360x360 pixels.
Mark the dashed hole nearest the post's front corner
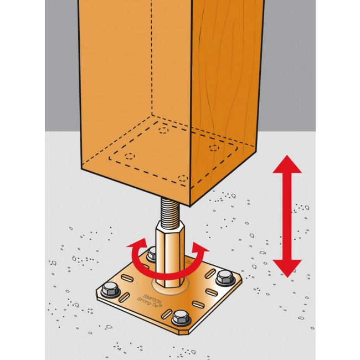pos(183,178)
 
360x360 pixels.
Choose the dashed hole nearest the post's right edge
pos(215,149)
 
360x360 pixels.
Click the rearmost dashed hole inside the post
pos(163,130)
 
